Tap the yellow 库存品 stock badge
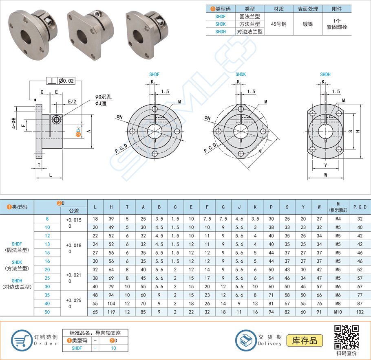(x=305, y=340)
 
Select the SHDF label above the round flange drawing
(x=154, y=75)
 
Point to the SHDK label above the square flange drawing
(x=241, y=75)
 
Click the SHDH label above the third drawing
(x=325, y=75)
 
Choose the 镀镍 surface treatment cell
(x=307, y=24)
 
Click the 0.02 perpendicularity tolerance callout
(x=66, y=81)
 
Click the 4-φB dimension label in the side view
(x=13, y=122)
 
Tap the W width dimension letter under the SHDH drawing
(x=326, y=176)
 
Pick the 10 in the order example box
(x=114, y=348)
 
